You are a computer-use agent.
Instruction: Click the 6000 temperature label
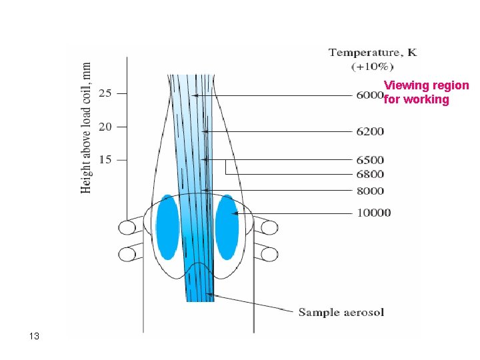(369, 95)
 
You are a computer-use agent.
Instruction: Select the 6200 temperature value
(370, 131)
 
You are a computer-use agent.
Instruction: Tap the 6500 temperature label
(370, 160)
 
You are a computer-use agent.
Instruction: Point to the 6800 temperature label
(370, 175)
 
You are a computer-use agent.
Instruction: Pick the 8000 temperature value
(370, 191)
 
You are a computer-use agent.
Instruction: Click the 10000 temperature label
(373, 213)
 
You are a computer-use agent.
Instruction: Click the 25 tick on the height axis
(105, 93)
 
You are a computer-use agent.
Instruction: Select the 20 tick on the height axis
(105, 127)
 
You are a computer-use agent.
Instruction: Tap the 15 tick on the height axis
(105, 160)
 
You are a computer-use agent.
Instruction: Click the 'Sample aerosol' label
(341, 312)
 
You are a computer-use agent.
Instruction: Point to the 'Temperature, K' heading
(373, 53)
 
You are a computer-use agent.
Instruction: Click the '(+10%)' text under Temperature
(372, 66)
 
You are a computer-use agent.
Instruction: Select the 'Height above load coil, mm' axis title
(87, 128)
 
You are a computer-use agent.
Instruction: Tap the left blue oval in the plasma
(167, 227)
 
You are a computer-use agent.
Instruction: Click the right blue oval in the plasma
(227, 227)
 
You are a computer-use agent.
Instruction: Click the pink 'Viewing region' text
(426, 86)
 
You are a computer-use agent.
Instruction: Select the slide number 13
(35, 336)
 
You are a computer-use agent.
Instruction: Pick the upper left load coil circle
(127, 227)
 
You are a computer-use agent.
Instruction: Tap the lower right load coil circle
(269, 254)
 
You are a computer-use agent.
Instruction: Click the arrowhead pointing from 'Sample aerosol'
(209, 293)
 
